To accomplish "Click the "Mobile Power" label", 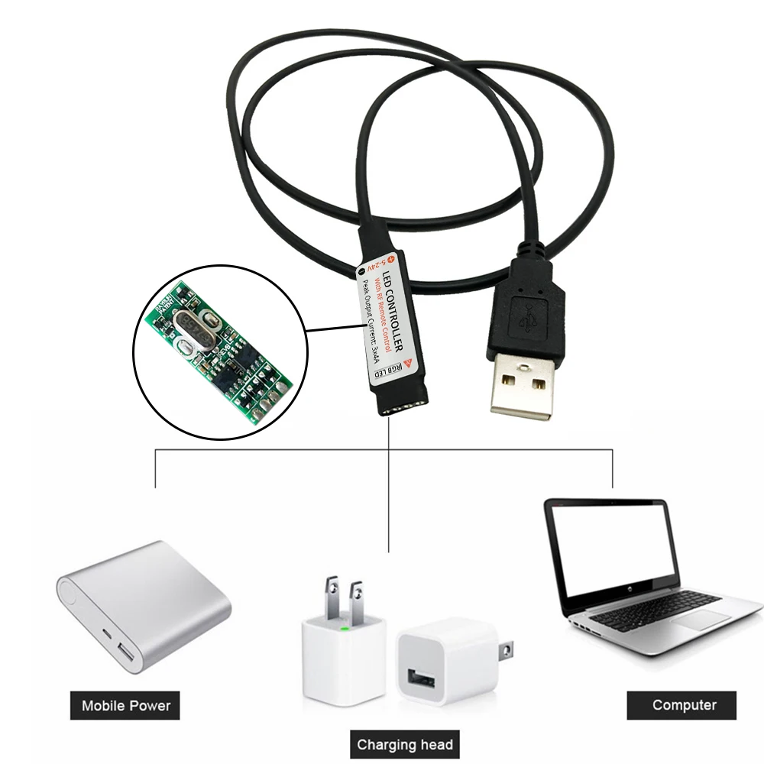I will coord(126,704).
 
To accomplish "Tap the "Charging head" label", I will coord(405,743).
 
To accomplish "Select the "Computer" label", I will coord(684,704).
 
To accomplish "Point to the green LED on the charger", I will coord(345,630).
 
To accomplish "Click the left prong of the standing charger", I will coord(329,597).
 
